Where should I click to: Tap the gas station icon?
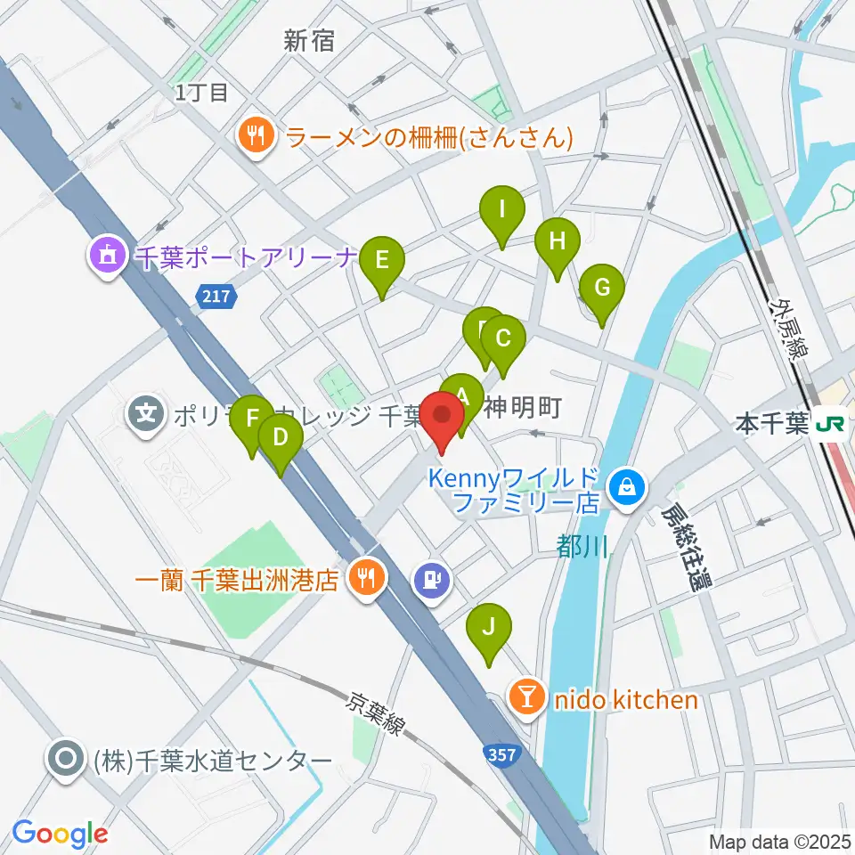[x=432, y=581]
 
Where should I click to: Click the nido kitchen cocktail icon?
[x=528, y=698]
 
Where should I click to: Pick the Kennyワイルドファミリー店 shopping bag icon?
[x=628, y=487]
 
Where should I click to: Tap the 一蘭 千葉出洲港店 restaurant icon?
[x=364, y=580]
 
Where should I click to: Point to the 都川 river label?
[x=582, y=545]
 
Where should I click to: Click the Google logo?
[x=60, y=834]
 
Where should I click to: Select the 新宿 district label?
[x=309, y=40]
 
